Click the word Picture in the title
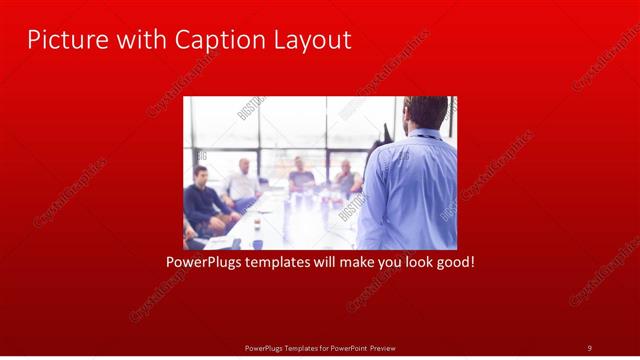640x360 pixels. pos(63,40)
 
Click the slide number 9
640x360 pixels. pos(589,347)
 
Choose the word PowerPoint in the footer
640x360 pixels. pos(344,347)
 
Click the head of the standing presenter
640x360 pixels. pos(426,112)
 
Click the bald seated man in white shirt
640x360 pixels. pos(243,180)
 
